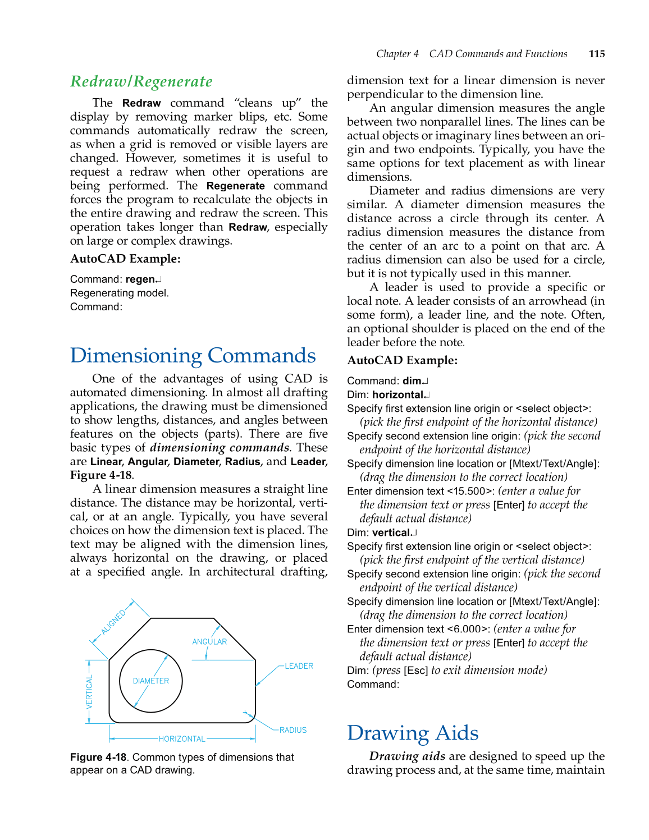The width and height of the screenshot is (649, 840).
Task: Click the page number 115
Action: pos(596,54)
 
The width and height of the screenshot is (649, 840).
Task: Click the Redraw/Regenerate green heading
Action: pos(141,82)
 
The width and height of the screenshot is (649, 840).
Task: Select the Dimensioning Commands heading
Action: pos(193,356)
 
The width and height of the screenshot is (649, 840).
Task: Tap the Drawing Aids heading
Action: pos(412,733)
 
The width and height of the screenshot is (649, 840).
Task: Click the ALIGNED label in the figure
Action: pos(113,622)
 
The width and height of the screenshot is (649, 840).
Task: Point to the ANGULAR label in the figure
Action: pos(209,641)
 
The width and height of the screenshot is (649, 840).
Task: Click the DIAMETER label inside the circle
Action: pos(150,681)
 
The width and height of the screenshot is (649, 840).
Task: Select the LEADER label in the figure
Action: pos(299,666)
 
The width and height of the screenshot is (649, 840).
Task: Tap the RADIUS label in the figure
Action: pos(293,730)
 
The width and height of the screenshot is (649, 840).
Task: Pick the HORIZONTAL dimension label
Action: pos(182,739)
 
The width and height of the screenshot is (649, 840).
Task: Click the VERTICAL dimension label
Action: pos(89,692)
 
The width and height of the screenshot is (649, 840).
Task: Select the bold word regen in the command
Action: pos(140,279)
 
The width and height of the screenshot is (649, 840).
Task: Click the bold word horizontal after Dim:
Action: pos(397,395)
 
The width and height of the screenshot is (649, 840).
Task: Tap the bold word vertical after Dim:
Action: pos(391,533)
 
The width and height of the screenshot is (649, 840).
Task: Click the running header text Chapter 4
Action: pos(397,54)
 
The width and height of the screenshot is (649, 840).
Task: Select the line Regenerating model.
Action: pos(119,293)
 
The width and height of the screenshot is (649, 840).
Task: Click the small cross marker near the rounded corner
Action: pos(245,713)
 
